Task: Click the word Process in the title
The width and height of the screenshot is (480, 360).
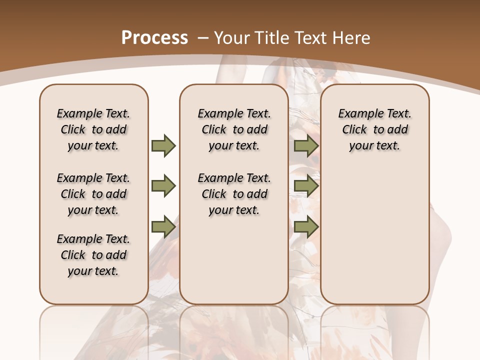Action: coord(154,38)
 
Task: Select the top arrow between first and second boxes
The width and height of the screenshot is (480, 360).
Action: coord(163,145)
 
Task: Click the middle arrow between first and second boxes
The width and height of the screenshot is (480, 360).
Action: coord(163,186)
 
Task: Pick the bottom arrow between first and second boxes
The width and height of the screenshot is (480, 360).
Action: coord(163,226)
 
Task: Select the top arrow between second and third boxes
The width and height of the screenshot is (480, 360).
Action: coord(306,145)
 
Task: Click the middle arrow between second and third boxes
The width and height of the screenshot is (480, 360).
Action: coord(306,186)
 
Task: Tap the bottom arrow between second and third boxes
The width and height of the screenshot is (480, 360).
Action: coord(306,226)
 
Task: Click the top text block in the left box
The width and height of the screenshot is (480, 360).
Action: coord(93,129)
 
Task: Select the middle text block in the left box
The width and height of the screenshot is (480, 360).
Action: coord(93,194)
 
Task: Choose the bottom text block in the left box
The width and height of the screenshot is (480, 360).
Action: coord(93,255)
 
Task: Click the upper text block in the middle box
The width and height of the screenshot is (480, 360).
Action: coord(234,129)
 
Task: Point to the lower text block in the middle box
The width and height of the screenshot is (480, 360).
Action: coord(234,194)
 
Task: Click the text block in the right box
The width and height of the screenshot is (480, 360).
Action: coord(374,129)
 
